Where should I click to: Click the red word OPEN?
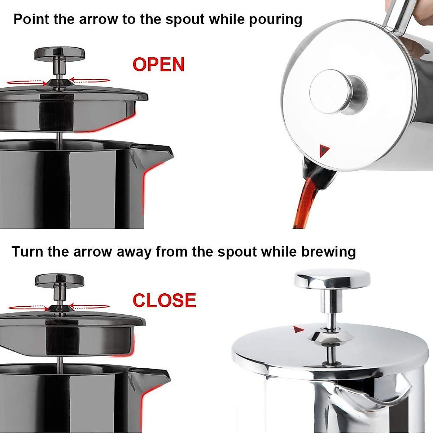click(158, 65)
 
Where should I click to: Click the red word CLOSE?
click(164, 301)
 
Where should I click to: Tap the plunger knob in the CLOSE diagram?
click(60, 280)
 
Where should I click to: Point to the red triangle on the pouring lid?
click(324, 150)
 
